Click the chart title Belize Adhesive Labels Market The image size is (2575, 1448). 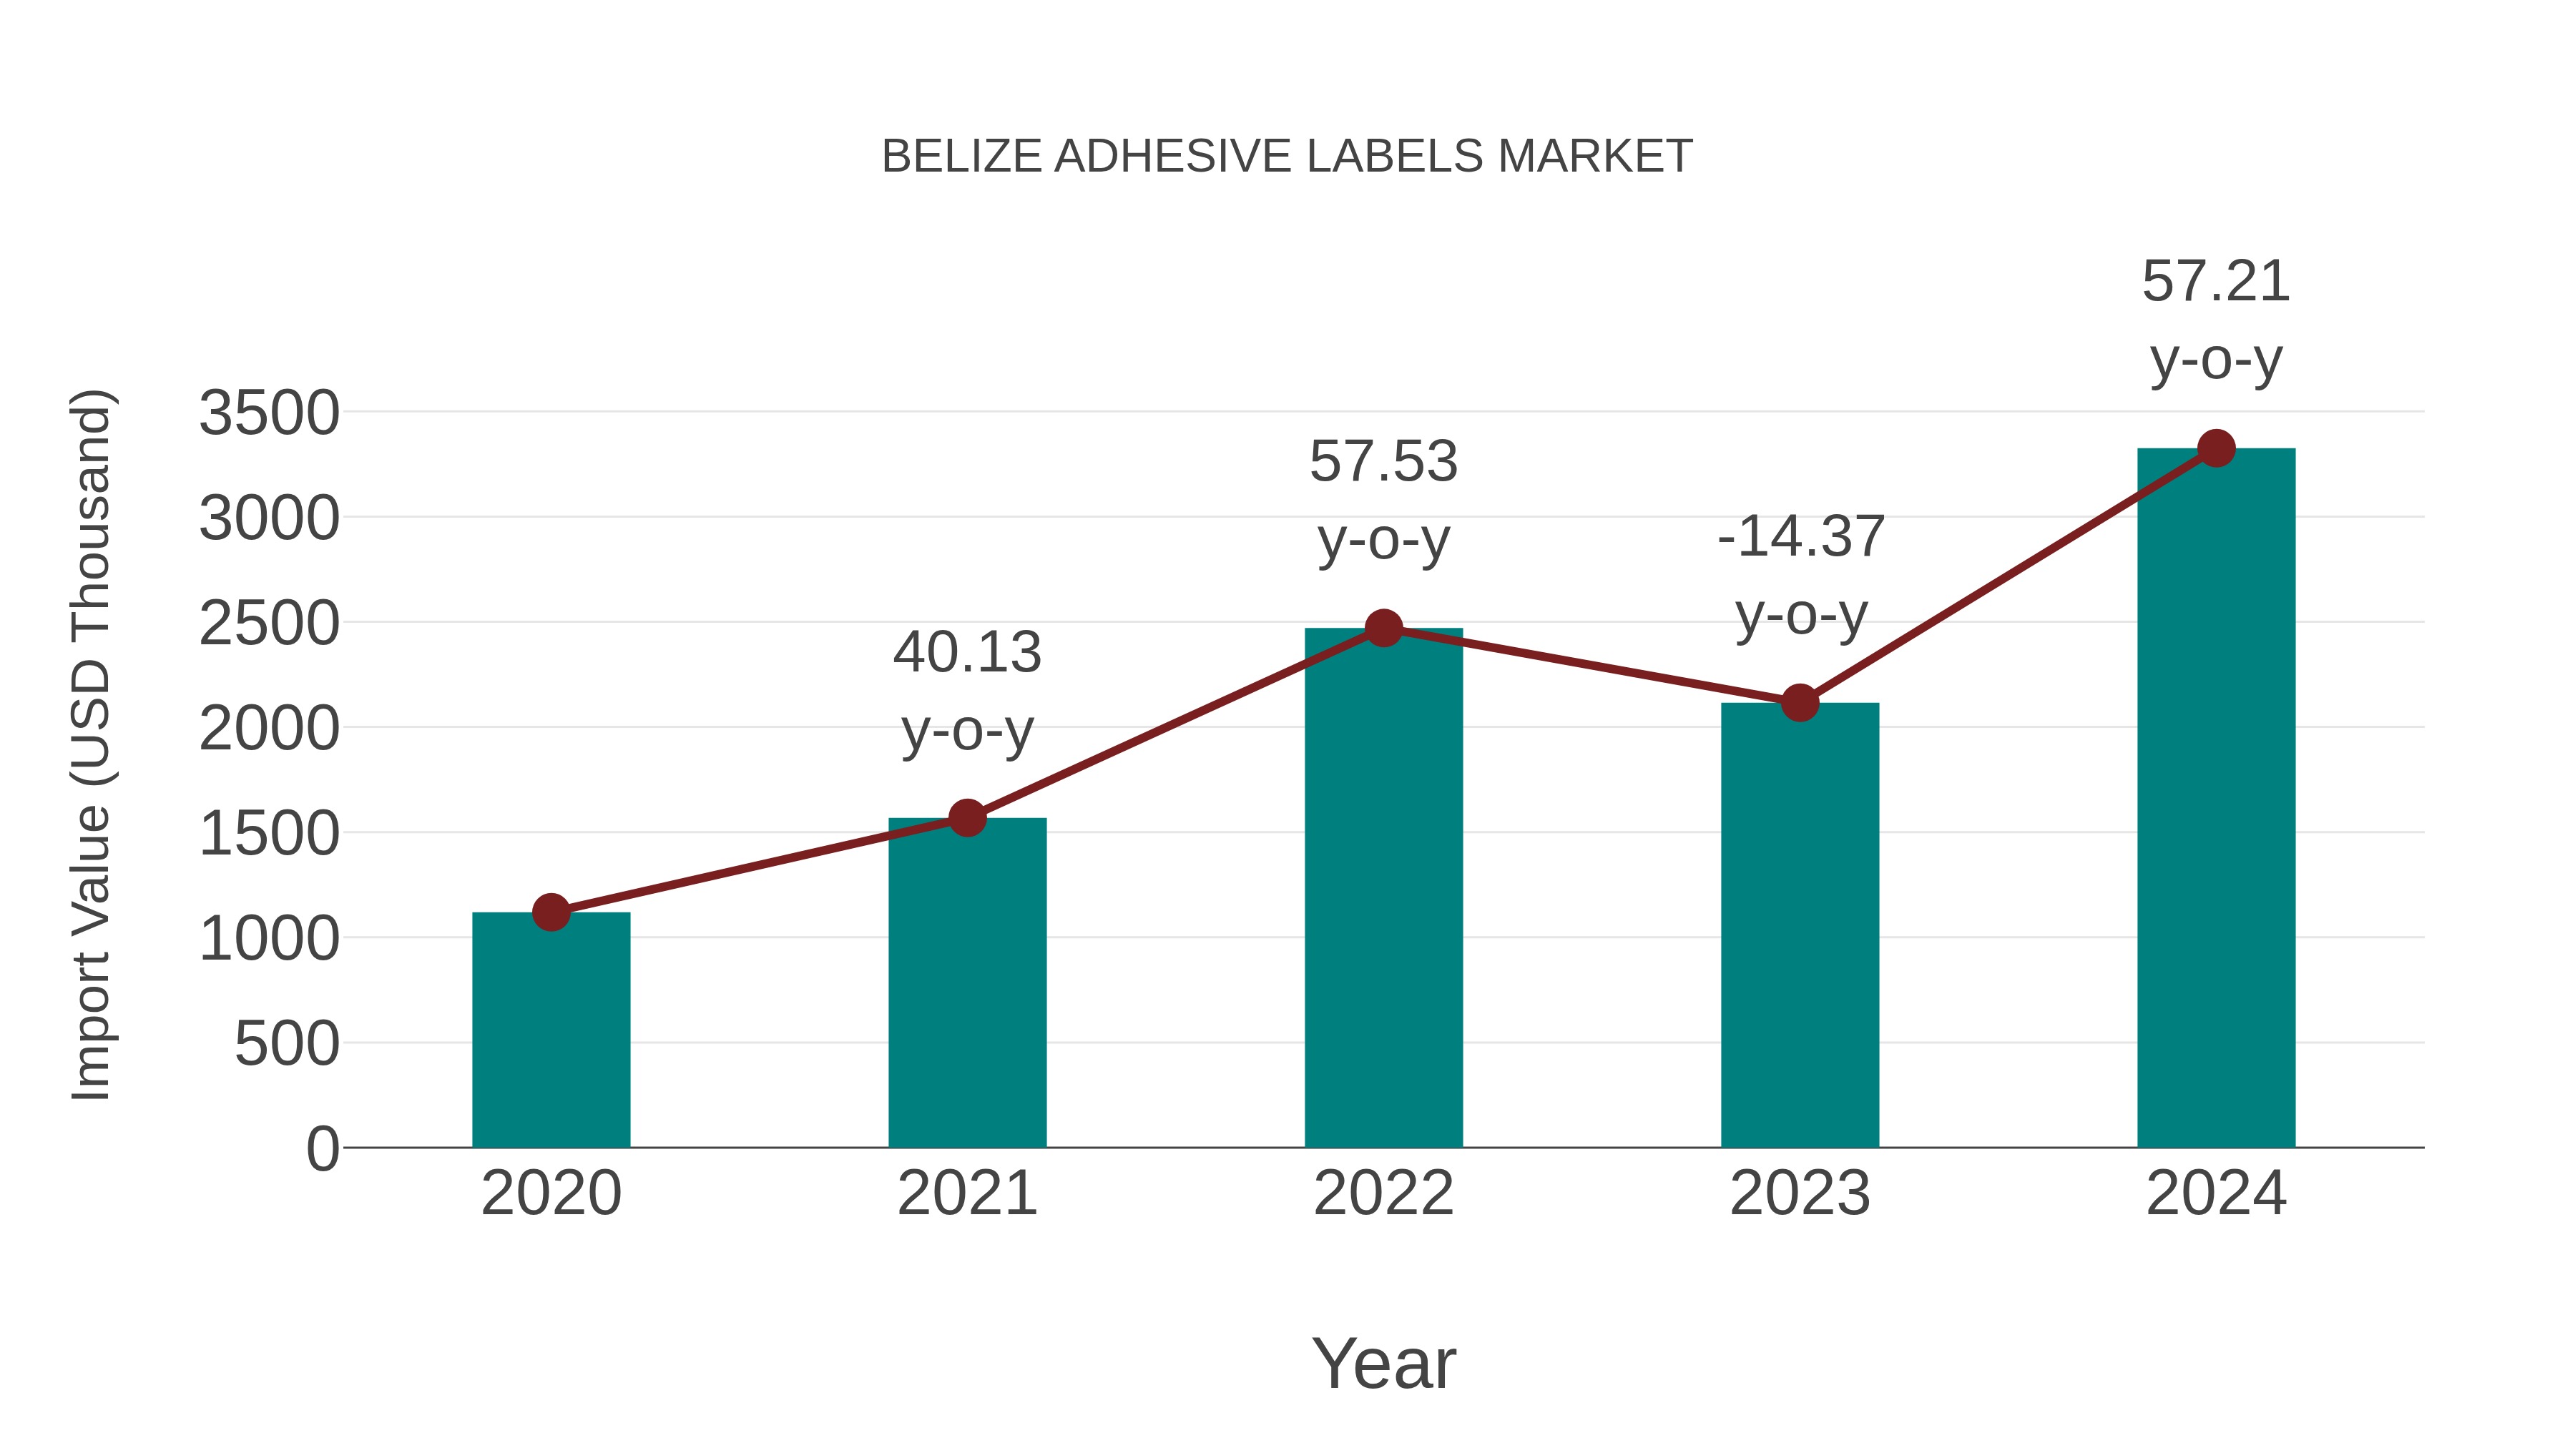[x=1287, y=157]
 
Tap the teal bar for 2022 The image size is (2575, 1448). [x=1383, y=890]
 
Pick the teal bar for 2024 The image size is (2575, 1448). [x=2216, y=799]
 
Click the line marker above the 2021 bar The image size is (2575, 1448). [x=966, y=817]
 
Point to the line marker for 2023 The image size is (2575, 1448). [x=1800, y=702]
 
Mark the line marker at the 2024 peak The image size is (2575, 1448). [x=2216, y=448]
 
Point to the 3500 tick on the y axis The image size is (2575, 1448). [x=269, y=413]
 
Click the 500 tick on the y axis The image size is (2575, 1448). [x=287, y=1044]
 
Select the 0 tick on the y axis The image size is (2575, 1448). [x=323, y=1149]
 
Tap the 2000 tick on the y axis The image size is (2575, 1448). [x=269, y=729]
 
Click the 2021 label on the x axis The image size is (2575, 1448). [x=966, y=1193]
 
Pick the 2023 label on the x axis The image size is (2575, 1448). [x=1800, y=1193]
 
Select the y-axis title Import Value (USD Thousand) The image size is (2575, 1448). [x=91, y=744]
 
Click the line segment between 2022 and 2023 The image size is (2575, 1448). [x=1591, y=666]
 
